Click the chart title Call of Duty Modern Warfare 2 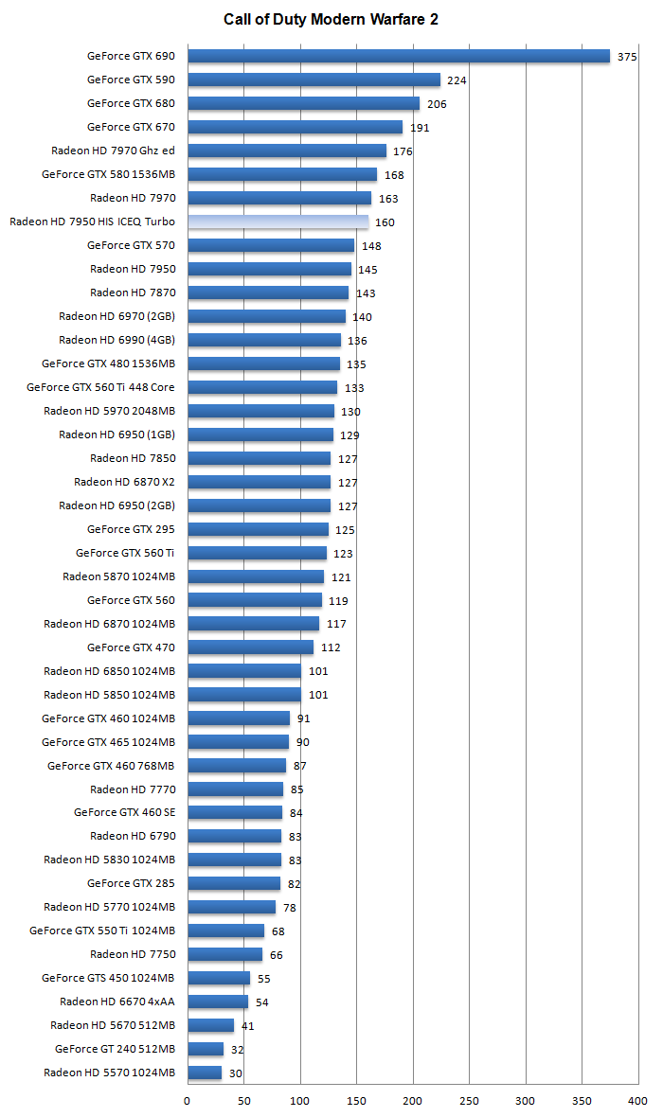pos(331,19)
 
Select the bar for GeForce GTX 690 pos(398,56)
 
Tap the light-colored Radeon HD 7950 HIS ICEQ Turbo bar pos(278,222)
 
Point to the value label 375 pos(627,57)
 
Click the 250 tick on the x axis pos(469,1102)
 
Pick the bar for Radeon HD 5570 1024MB pos(205,1073)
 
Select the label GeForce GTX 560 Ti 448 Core pos(100,387)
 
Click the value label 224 pos(457,80)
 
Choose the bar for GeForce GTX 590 pos(314,80)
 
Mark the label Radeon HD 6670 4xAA pos(116,1002)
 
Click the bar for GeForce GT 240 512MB pos(206,1049)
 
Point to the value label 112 pos(331,647)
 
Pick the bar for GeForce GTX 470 pos(250,647)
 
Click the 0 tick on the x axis pos(187,1102)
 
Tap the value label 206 pos(437,104)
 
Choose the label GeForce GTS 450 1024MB pos(108,978)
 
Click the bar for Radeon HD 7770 pos(235,789)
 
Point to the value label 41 pos(247,1025)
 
